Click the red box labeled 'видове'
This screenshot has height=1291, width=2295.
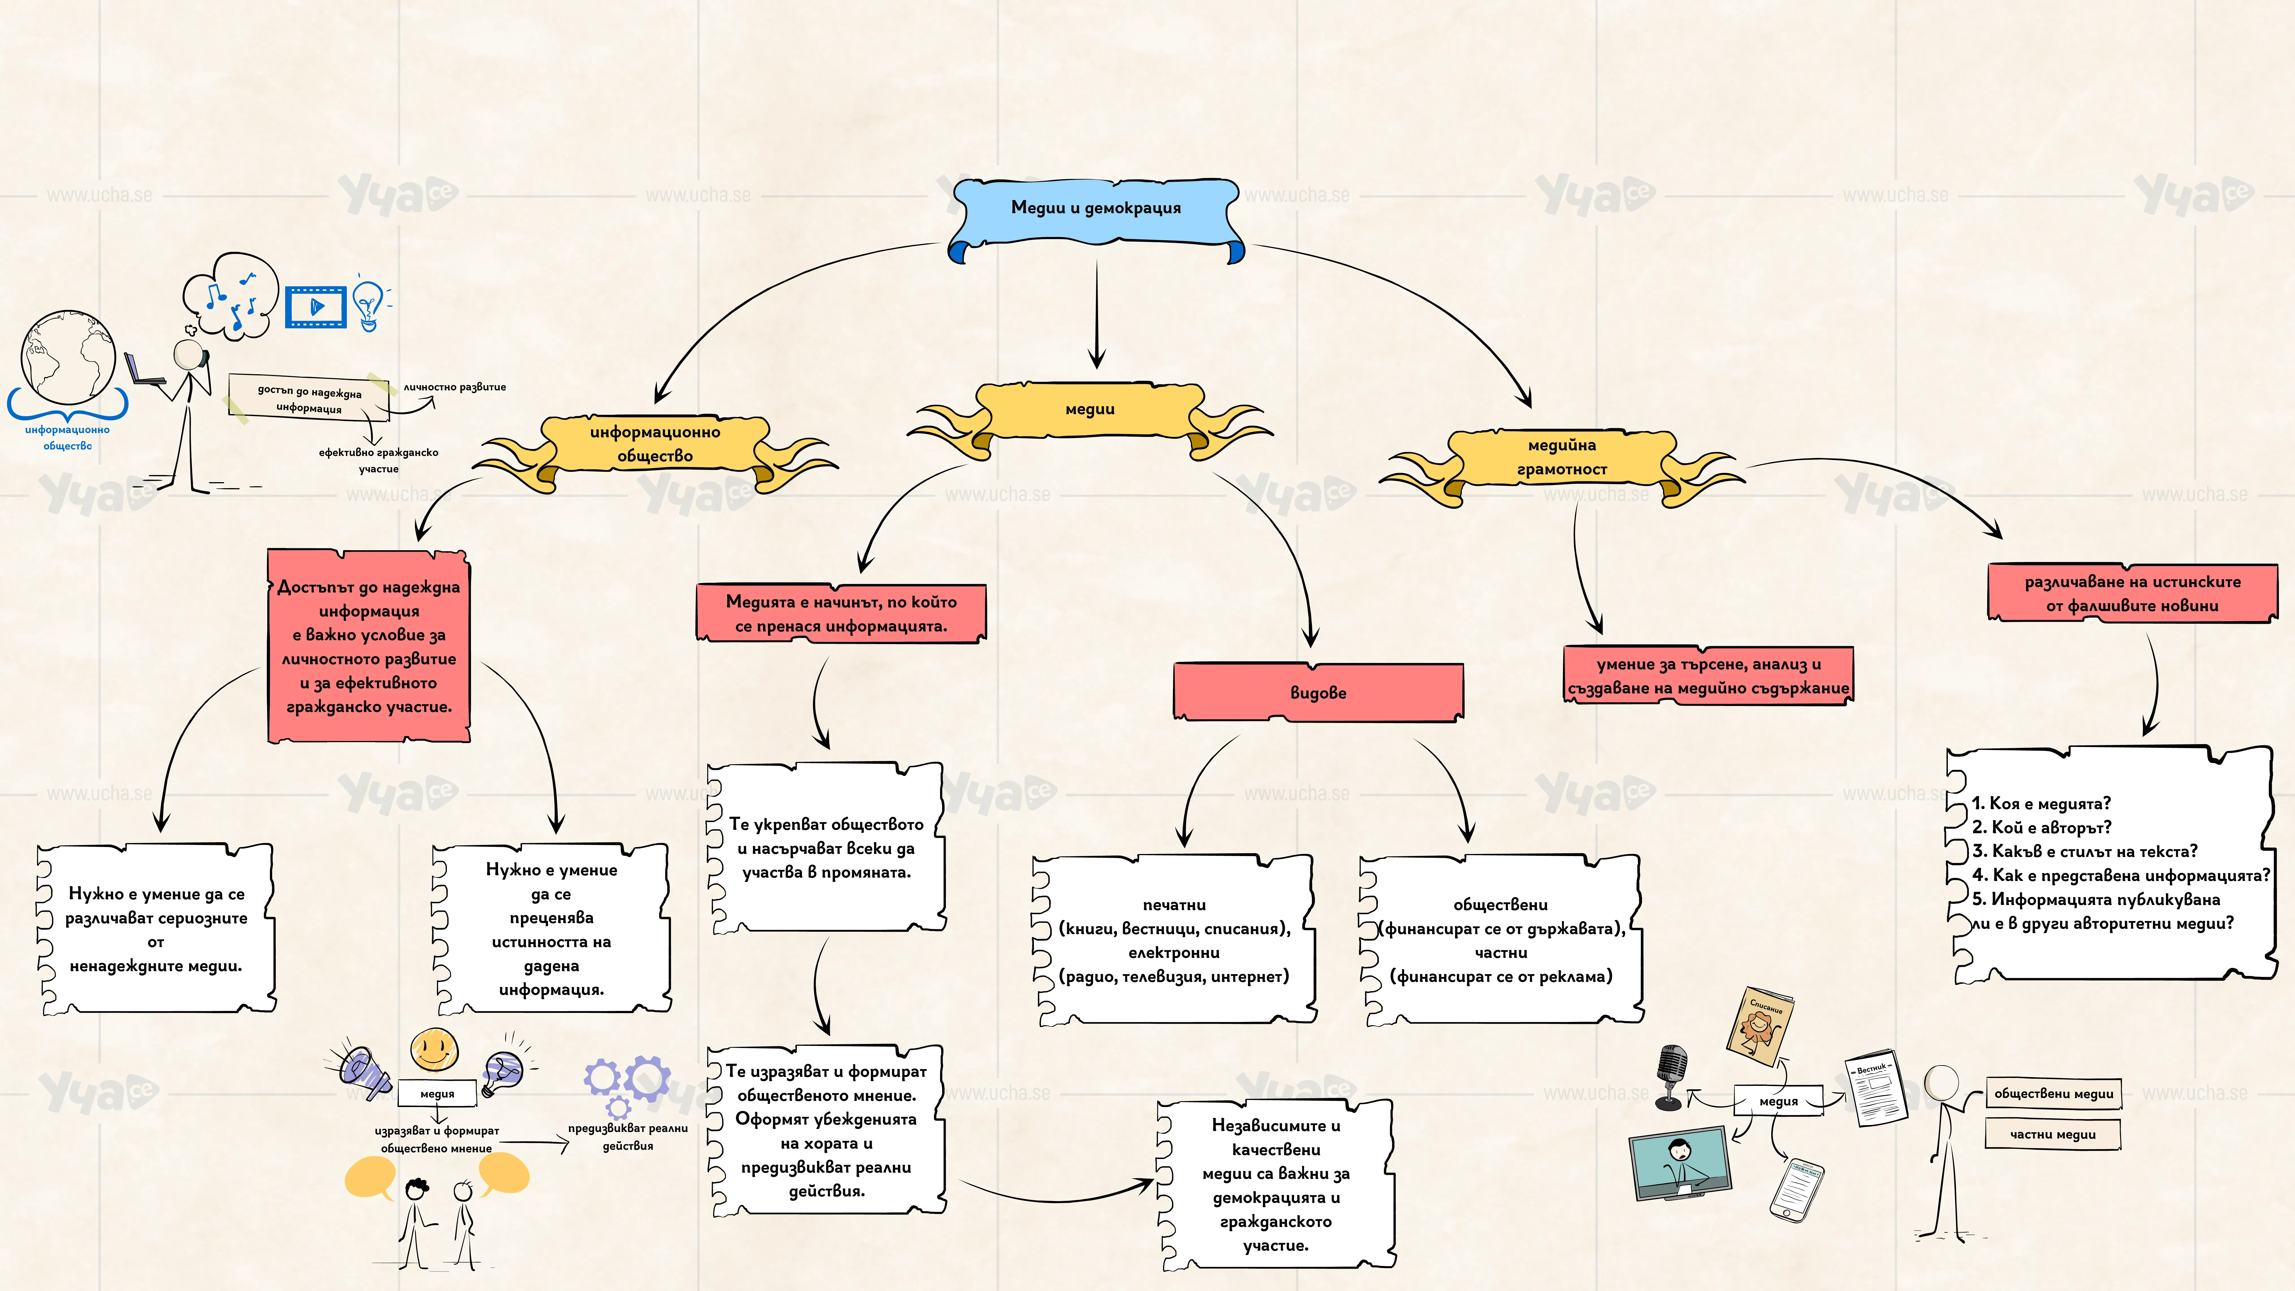[1318, 691]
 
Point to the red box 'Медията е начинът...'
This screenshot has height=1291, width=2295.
[841, 613]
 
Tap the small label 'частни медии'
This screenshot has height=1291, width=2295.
[2053, 1134]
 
